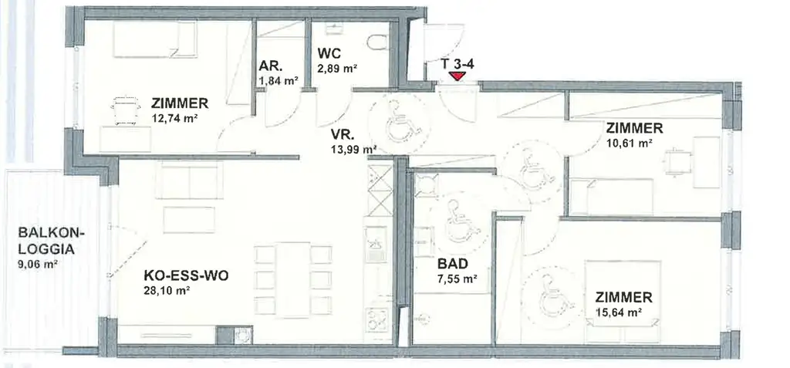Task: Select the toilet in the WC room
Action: [376, 43]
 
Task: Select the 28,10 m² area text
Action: [167, 290]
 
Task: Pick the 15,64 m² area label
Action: [620, 312]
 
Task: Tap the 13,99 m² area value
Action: [353, 149]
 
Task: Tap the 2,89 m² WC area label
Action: [336, 69]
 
